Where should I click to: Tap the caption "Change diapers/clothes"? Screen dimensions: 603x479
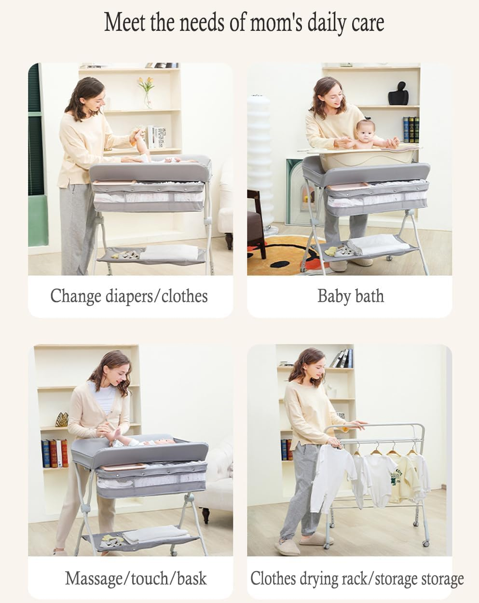[x=129, y=296]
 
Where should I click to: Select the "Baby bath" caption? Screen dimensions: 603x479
[x=351, y=296]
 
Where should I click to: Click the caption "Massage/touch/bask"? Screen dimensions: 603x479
[x=136, y=578]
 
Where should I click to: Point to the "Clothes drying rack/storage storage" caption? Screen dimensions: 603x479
[x=356, y=578]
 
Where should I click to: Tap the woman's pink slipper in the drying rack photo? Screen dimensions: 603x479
[x=287, y=547]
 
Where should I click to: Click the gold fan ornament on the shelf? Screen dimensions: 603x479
[x=62, y=419]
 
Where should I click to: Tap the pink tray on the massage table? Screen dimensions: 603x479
[x=123, y=467]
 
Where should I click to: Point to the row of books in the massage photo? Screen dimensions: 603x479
[x=55, y=453]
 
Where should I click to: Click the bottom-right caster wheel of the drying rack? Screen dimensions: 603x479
[x=425, y=543]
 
